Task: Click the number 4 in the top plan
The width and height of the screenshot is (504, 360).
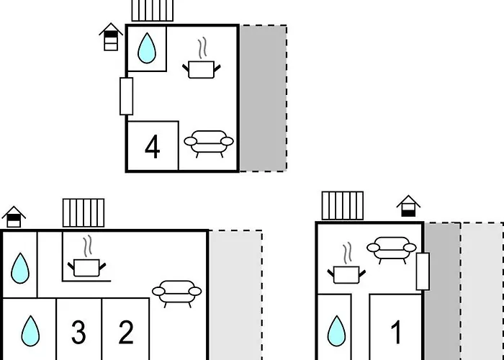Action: [152, 147]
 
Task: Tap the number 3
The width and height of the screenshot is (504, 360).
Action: [78, 333]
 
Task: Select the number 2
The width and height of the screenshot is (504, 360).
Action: [126, 333]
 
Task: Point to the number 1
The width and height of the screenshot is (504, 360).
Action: [396, 333]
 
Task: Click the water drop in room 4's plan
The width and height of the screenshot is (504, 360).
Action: [147, 48]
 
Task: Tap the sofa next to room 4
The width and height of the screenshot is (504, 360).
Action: [209, 143]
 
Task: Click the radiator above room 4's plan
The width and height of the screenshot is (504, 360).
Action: [153, 11]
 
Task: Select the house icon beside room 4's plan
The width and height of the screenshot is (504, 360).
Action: [110, 37]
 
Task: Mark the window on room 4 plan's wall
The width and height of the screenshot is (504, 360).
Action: [127, 96]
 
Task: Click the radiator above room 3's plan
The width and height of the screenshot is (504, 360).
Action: [84, 213]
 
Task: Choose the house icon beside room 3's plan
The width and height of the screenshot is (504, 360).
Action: [14, 216]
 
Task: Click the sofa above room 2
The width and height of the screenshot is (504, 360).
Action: [176, 292]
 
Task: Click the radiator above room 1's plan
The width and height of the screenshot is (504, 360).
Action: [342, 205]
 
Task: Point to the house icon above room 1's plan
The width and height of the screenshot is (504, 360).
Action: [408, 206]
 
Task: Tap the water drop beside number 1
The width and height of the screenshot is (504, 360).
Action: [336, 332]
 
